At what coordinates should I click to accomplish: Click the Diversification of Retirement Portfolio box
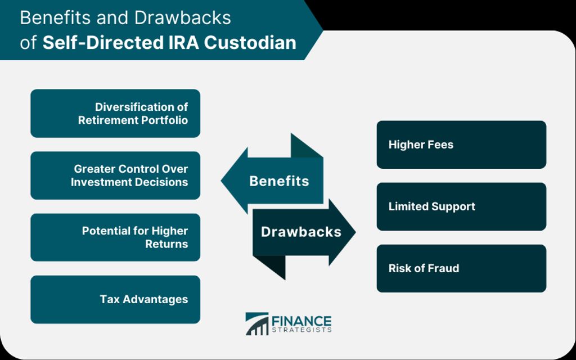[x=115, y=113]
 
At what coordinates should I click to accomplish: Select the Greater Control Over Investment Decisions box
[x=115, y=175]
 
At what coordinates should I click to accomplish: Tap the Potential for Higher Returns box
[x=115, y=237]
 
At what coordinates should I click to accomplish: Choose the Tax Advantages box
[x=115, y=299]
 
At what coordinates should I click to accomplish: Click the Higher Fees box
[x=461, y=145]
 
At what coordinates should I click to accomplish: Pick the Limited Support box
[x=461, y=206]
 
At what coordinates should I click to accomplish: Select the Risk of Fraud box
[x=461, y=268]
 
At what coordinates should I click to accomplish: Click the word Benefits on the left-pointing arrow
[x=279, y=181]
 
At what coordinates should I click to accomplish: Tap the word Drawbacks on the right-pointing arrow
[x=301, y=232]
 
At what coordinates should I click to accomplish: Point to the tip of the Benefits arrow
[x=220, y=181]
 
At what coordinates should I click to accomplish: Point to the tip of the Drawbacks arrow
[x=355, y=232]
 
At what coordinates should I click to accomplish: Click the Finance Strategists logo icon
[x=256, y=323]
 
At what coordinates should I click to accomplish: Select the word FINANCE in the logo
[x=301, y=321]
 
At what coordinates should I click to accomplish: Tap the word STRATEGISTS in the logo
[x=301, y=330]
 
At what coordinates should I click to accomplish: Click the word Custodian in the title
[x=250, y=43]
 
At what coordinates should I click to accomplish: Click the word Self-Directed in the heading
[x=102, y=43]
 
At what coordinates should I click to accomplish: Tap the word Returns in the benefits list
[x=166, y=244]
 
